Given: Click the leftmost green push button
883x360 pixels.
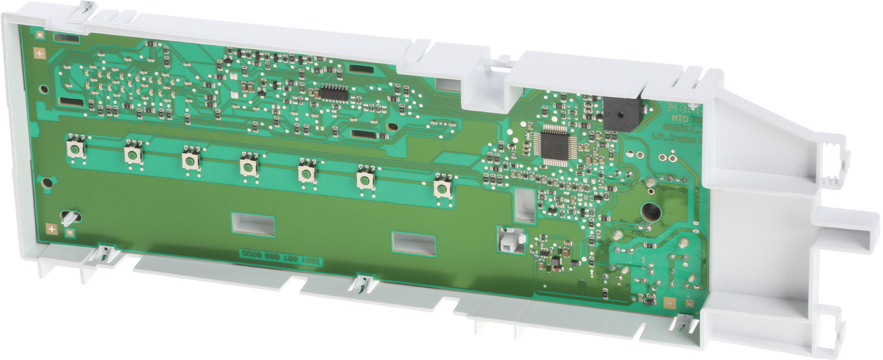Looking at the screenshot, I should (x=75, y=150).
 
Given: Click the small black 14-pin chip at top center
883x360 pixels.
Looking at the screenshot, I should (x=334, y=91).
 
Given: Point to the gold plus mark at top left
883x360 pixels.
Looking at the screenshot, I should (x=39, y=54).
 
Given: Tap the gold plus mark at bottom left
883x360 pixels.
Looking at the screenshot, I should (x=52, y=229).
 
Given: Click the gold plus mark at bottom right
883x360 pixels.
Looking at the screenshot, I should (x=669, y=302).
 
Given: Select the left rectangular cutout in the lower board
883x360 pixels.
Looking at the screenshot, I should (x=252, y=223).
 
